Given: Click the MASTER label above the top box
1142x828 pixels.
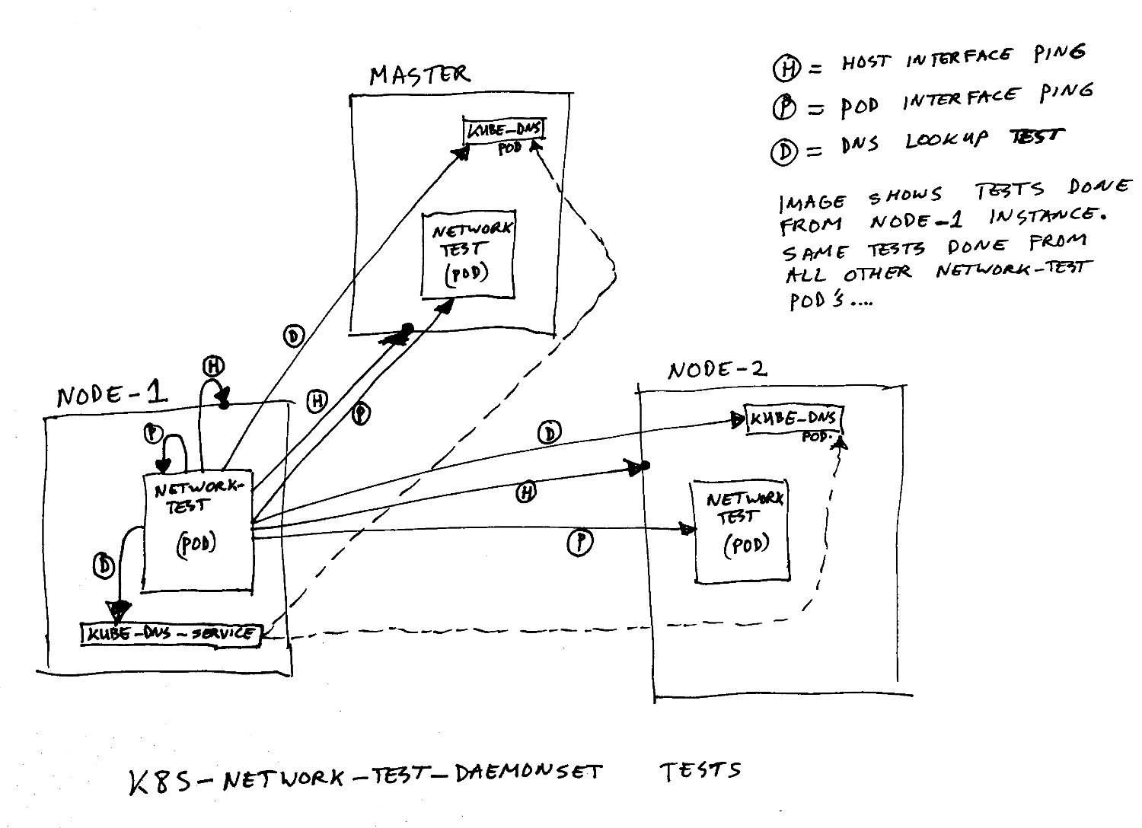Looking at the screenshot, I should click(x=419, y=75).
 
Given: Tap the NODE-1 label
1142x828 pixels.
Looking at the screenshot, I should click(x=111, y=395).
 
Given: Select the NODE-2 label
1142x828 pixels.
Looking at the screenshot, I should click(x=716, y=371).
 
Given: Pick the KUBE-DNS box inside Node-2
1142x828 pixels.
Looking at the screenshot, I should click(x=794, y=419).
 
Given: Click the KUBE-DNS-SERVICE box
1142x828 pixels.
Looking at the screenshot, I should click(x=171, y=634).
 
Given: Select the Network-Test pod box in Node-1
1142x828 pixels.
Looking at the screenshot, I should click(x=198, y=531).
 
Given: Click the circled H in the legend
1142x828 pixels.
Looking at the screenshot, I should click(x=784, y=69).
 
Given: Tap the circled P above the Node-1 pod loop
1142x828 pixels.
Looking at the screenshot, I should click(x=154, y=433).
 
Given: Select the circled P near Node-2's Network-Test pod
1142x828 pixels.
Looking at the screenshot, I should click(x=580, y=543).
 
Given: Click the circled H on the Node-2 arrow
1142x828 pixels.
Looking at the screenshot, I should click(x=526, y=493).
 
